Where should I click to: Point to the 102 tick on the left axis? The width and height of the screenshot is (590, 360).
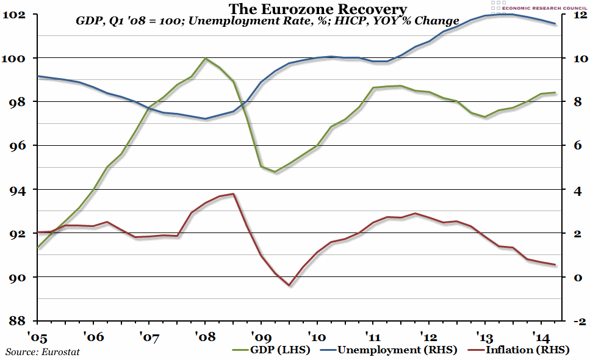click(17, 14)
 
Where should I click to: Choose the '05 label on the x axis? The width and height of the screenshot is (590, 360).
click(37, 335)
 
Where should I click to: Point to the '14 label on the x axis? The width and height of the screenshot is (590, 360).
click(541, 335)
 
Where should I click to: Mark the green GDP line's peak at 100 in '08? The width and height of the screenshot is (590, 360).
click(205, 59)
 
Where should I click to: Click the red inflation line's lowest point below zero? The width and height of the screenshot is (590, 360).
click(289, 285)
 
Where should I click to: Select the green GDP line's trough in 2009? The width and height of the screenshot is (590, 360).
click(275, 171)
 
